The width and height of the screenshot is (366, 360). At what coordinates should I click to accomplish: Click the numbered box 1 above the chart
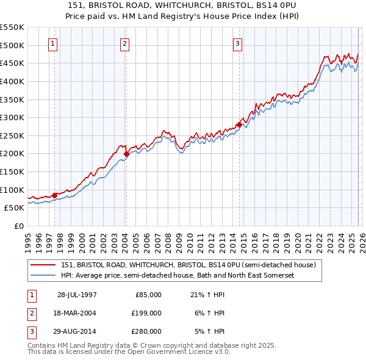click(x=54, y=43)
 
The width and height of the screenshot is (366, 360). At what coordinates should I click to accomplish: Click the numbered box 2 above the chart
click(x=124, y=43)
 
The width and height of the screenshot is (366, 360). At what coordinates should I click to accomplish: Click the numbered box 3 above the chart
click(x=237, y=43)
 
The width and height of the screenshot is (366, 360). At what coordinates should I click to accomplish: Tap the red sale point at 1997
click(x=55, y=195)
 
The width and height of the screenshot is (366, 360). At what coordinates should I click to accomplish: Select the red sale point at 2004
click(x=126, y=154)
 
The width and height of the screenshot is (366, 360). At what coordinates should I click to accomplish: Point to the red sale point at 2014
click(x=239, y=125)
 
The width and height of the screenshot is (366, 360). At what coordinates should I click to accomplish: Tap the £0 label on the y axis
click(x=18, y=226)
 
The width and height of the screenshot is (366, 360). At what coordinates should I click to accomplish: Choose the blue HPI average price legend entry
click(x=178, y=276)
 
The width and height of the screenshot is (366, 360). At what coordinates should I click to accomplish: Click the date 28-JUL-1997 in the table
click(x=77, y=294)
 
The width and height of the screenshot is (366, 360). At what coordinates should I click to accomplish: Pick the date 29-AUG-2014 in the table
click(x=77, y=332)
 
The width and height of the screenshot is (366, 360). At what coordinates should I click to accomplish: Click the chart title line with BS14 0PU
click(x=184, y=5)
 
